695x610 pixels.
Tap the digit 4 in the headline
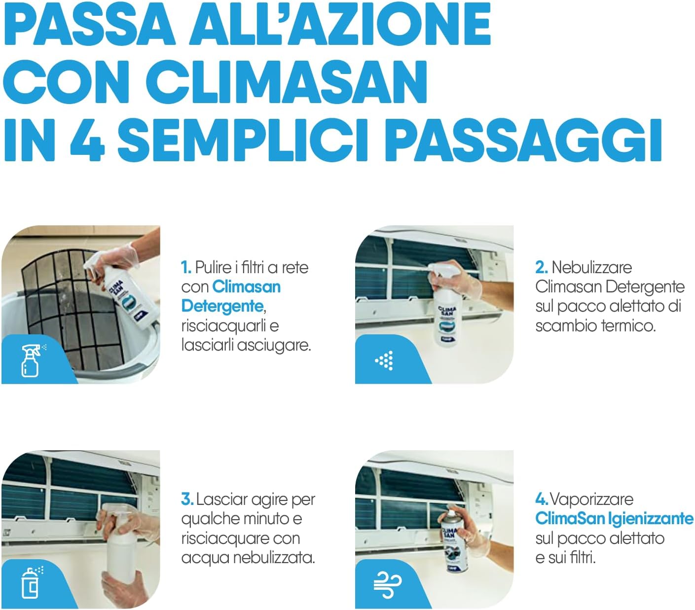point(87,140)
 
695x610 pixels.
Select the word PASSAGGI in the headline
point(525,140)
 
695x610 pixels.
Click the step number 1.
point(186,268)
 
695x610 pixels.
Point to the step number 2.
point(542,267)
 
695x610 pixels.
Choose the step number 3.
point(187,500)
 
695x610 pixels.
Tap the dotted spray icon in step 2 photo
point(384,360)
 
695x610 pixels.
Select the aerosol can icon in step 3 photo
point(32,582)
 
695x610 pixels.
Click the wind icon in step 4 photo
point(387,585)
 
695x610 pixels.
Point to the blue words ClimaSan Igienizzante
point(614,518)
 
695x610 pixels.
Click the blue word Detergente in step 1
point(222,306)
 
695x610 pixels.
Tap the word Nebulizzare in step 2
point(592,267)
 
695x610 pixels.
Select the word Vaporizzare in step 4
point(592,500)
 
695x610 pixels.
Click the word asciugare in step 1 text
point(273,345)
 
